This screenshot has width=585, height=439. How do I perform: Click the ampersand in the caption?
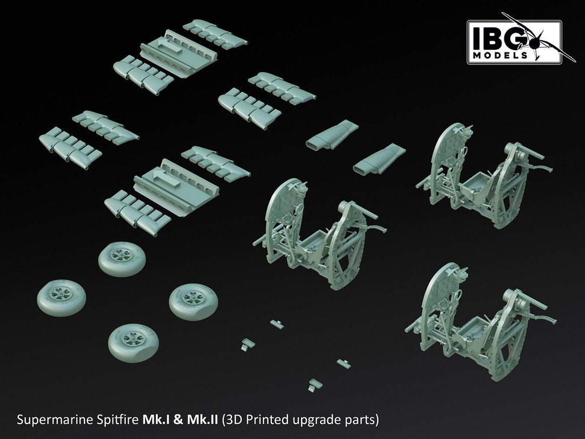tap(178, 420)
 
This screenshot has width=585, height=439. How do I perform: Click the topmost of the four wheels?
tap(122, 259)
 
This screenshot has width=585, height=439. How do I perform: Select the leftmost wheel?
tap(62, 298)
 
